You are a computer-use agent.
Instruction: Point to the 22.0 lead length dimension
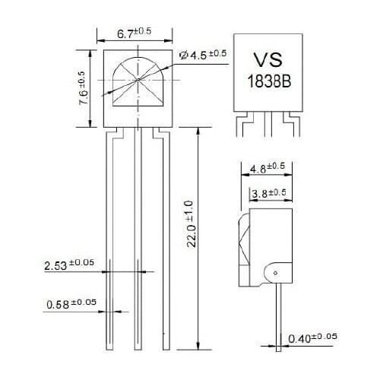pyautogui.click(x=192, y=224)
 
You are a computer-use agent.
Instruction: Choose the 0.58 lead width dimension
pyautogui.click(x=71, y=303)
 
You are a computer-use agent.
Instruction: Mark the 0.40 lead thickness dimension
pyautogui.click(x=312, y=337)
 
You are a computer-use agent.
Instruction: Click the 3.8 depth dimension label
pyautogui.click(x=268, y=194)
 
